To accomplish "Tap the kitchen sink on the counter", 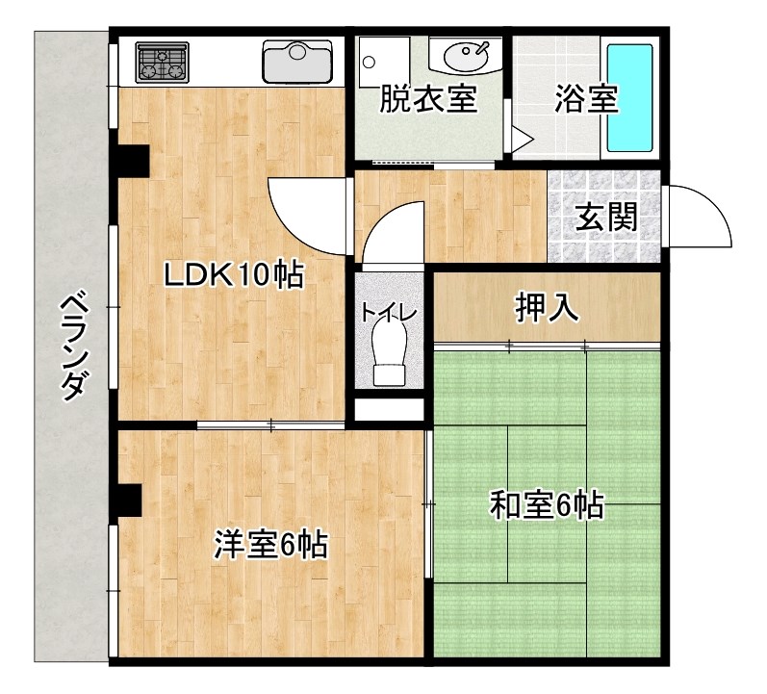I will click(x=297, y=62).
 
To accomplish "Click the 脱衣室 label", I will click(x=428, y=100).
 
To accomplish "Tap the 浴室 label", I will click(x=586, y=100).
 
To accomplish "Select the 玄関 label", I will click(x=606, y=218).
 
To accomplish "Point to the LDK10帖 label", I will click(x=233, y=275).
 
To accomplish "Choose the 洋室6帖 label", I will click(x=270, y=546).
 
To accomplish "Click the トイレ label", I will click(x=389, y=314).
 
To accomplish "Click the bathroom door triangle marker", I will click(x=520, y=141).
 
